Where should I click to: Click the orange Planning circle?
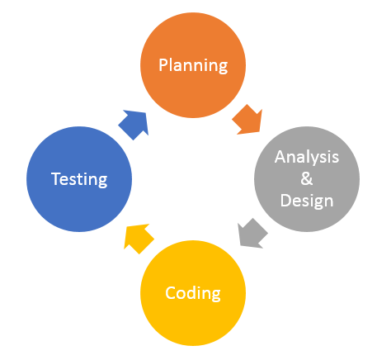tap(193, 65)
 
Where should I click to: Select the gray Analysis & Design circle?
tap(307, 179)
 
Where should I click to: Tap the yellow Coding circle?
tap(193, 293)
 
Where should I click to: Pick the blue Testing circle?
tap(79, 179)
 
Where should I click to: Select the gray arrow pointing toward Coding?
tap(252, 234)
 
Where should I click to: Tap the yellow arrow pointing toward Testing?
tap(138, 239)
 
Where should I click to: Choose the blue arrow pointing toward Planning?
tap(134, 125)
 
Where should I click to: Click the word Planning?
tap(193, 66)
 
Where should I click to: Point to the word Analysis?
tap(307, 157)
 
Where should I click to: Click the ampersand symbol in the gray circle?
tap(307, 178)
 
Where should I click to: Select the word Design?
tap(307, 201)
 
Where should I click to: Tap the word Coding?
tap(193, 293)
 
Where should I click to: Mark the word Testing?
tap(79, 179)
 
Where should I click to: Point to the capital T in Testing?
tap(56, 178)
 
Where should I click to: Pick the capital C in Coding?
tap(171, 292)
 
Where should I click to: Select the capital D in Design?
tap(286, 201)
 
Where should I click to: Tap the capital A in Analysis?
tap(280, 157)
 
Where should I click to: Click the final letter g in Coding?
tap(216, 296)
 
